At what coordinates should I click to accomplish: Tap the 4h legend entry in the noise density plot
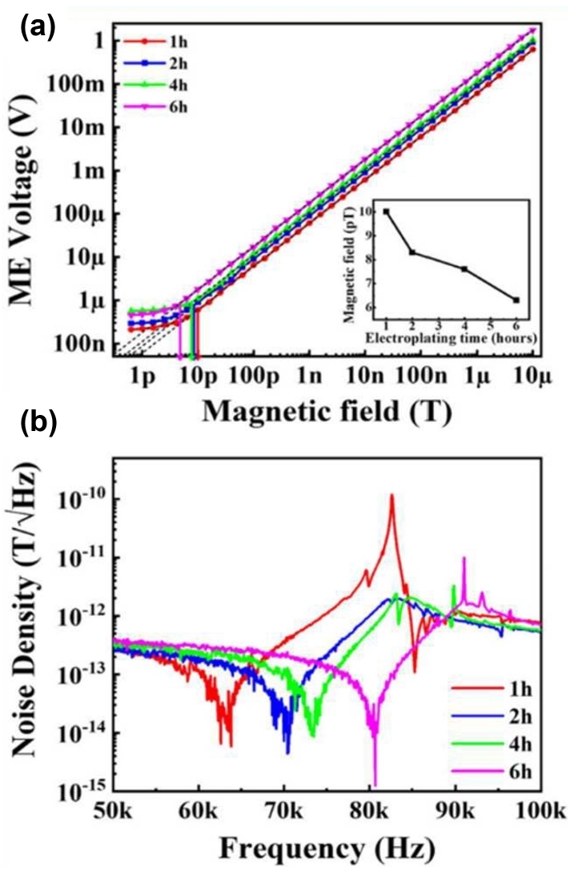(492, 743)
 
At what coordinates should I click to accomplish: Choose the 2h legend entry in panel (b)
(492, 717)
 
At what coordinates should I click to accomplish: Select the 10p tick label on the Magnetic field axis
(199, 377)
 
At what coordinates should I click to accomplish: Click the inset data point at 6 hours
(516, 300)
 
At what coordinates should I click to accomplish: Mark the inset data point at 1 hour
(387, 211)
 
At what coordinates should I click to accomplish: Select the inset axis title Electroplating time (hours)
(449, 337)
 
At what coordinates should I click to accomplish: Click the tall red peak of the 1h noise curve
(391, 495)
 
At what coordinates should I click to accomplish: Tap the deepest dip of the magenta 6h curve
(375, 784)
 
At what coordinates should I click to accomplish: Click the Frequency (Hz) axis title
(327, 848)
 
